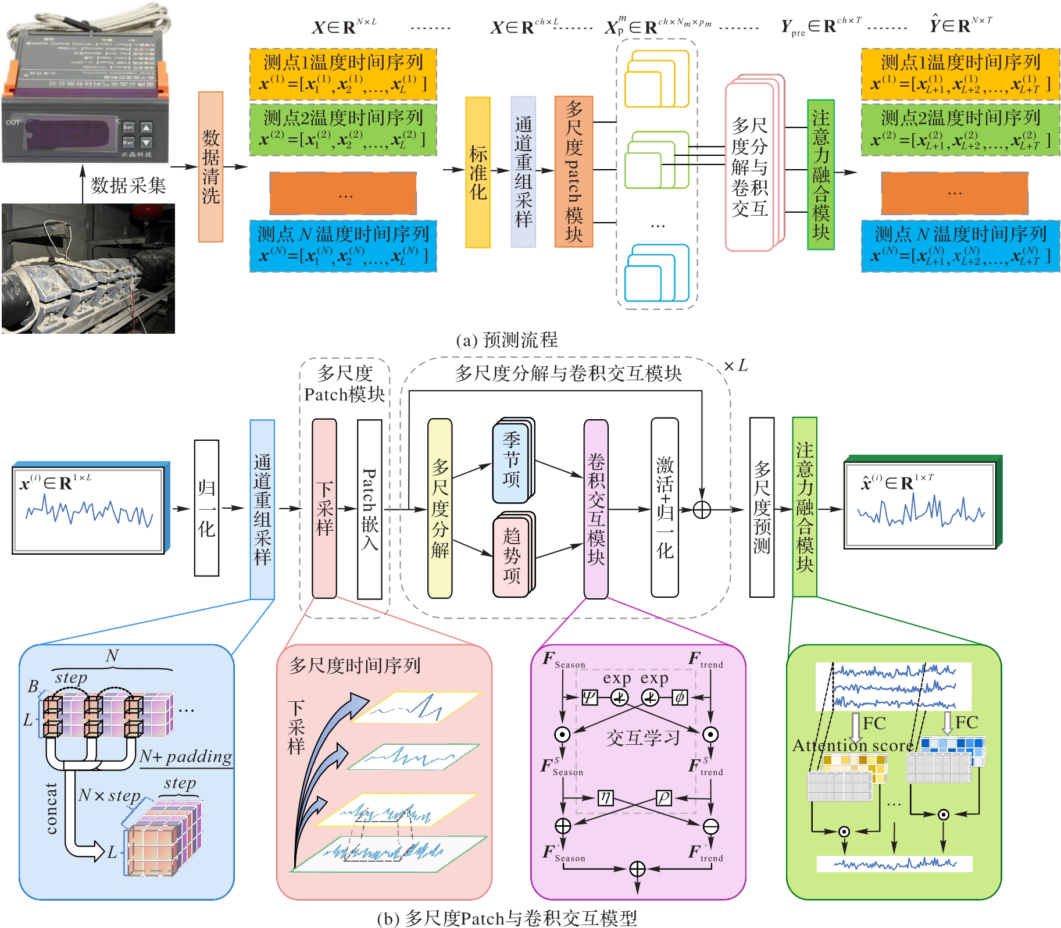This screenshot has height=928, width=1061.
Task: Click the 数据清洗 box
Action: pos(210,167)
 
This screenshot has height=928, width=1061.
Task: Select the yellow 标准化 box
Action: pos(478,172)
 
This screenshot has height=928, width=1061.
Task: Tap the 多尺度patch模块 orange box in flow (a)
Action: pos(574,172)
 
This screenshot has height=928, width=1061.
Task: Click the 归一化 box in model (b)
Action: pos(206,508)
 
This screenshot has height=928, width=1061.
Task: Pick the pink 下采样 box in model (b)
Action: pos(324,508)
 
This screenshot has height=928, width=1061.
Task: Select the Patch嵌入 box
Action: pos(369,509)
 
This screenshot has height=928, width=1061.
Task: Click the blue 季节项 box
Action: pos(511,459)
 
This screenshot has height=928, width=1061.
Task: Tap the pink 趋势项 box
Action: pos(511,556)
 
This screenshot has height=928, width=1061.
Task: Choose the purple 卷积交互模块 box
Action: pos(596,509)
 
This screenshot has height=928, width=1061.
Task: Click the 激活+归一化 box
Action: pos(665,508)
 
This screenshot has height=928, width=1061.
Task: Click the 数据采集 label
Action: pos(128,186)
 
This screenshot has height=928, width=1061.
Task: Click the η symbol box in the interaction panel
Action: pos(605,798)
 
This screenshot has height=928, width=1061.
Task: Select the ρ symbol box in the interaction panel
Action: pos(663,798)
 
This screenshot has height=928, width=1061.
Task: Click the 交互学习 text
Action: pos(643,738)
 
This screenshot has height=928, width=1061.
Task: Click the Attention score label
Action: pos(852,745)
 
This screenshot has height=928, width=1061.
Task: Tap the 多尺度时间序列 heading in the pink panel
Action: pos(355,665)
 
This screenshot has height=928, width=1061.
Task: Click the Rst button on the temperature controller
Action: pos(128,142)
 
